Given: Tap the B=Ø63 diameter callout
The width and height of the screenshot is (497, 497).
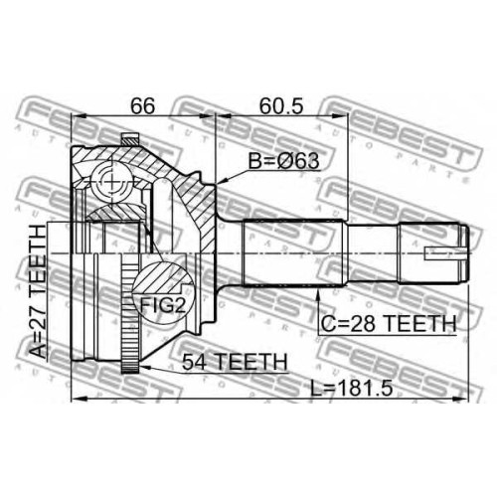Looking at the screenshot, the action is [x=283, y=161].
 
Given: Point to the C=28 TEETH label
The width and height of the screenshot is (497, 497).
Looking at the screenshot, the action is [x=389, y=323].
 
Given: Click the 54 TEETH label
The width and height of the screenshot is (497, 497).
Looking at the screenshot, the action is [x=235, y=362].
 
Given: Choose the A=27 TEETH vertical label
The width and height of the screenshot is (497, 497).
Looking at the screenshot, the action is [x=39, y=292].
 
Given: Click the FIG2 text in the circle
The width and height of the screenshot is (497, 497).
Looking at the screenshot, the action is [x=162, y=305].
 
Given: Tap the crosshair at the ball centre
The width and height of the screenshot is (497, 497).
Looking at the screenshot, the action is [x=111, y=182].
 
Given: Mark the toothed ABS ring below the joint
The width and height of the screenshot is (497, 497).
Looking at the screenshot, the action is [x=129, y=316].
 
